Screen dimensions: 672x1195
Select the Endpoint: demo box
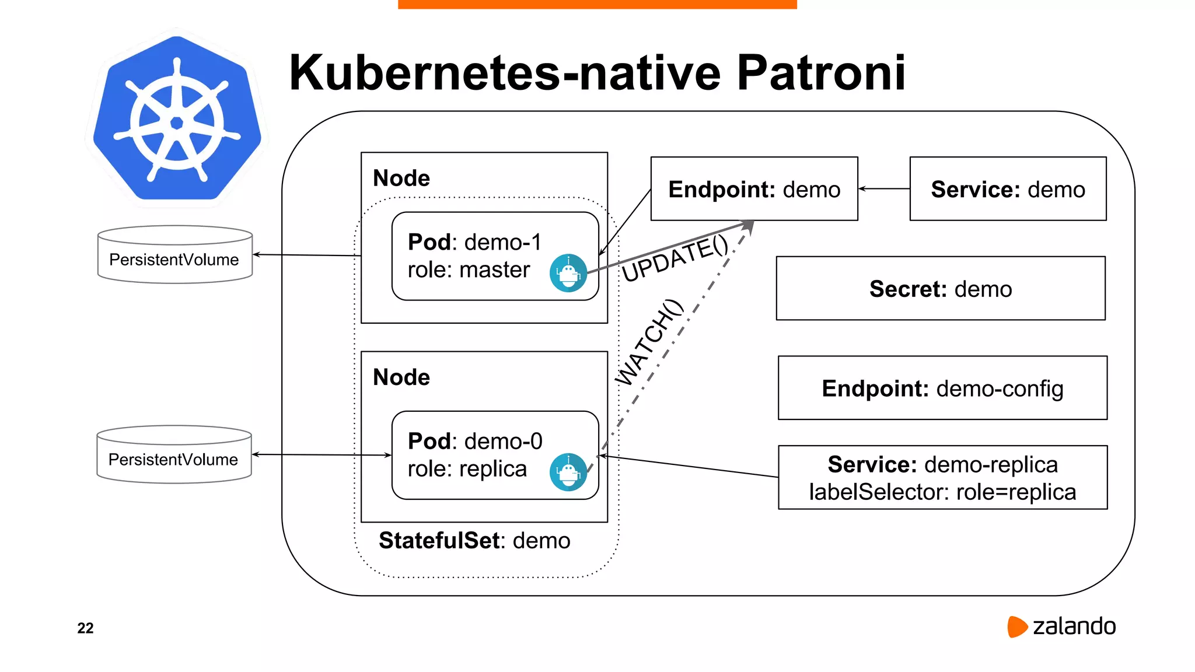pos(754,189)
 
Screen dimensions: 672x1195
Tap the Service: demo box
pos(1008,189)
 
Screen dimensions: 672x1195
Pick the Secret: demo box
pos(941,289)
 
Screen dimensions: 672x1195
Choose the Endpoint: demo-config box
pos(942,388)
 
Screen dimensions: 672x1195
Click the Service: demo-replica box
pos(942,478)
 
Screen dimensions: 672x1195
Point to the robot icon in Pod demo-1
pos(568,273)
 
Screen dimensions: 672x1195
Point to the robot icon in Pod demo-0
pos(568,472)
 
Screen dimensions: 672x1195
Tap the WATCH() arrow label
pos(649,342)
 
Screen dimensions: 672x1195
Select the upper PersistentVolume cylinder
pos(174,255)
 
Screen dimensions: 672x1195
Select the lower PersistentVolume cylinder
pos(174,454)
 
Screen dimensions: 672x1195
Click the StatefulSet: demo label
pos(474,541)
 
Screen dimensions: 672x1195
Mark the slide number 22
pos(85,628)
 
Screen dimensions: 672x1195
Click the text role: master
pos(469,269)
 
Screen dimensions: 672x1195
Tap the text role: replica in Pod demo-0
pos(467,469)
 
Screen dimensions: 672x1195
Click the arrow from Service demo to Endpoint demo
pos(883,188)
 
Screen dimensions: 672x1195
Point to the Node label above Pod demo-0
pos(401,377)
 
